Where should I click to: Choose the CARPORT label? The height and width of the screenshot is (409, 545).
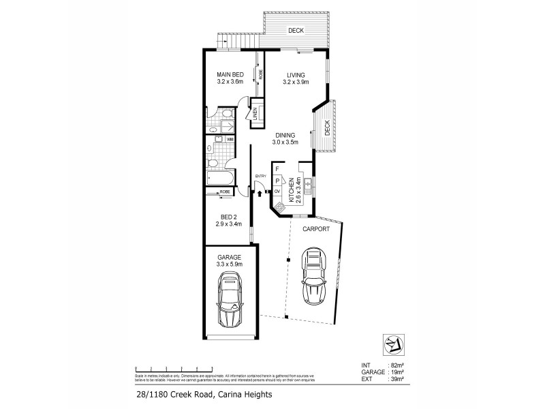click(316, 230)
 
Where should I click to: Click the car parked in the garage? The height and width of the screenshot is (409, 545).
click(230, 301)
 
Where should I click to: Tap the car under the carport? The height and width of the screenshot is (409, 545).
click(313, 276)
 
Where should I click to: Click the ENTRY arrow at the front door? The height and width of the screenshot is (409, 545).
click(260, 194)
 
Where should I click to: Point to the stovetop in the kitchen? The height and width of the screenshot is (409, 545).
click(279, 204)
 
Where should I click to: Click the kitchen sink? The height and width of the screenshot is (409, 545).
click(309, 183)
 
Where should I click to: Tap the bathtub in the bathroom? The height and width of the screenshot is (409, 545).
click(220, 179)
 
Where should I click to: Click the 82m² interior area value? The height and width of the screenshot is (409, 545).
click(396, 366)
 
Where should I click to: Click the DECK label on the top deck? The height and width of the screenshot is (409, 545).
click(295, 31)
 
